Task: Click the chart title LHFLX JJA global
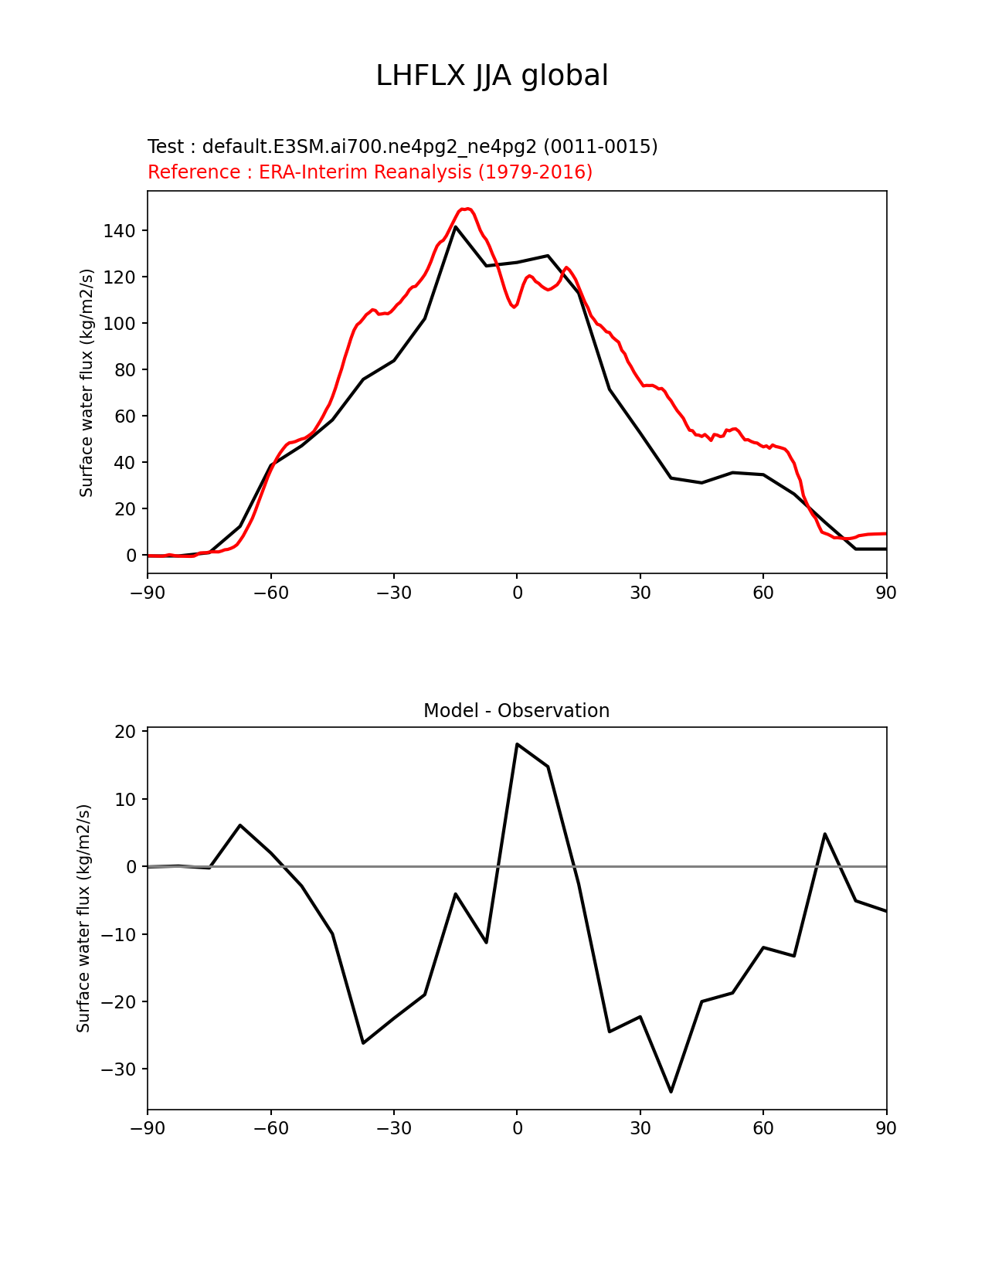pyautogui.click(x=492, y=76)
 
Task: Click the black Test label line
pyautogui.click(x=402, y=147)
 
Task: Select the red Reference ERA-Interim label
pyautogui.click(x=370, y=172)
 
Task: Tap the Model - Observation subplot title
pyautogui.click(x=516, y=711)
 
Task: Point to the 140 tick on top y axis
pyautogui.click(x=119, y=231)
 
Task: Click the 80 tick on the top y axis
pyautogui.click(x=124, y=370)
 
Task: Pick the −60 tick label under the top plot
pyautogui.click(x=270, y=593)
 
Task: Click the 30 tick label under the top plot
pyautogui.click(x=640, y=593)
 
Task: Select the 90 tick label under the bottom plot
pyautogui.click(x=886, y=1129)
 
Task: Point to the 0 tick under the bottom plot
pyautogui.click(x=517, y=1129)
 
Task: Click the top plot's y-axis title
pyautogui.click(x=87, y=382)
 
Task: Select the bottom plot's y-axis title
pyautogui.click(x=83, y=918)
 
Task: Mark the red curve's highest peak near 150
pyautogui.click(x=467, y=209)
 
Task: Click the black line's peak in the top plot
pyautogui.click(x=456, y=226)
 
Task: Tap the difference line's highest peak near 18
pyautogui.click(x=517, y=744)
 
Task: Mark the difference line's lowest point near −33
pyautogui.click(x=671, y=1092)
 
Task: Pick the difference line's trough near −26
pyautogui.click(x=363, y=1043)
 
